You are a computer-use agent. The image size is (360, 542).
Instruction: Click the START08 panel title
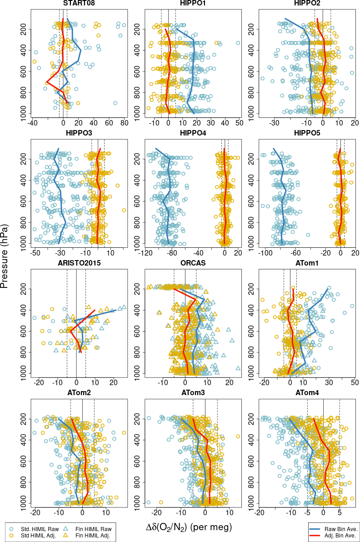click(79, 5)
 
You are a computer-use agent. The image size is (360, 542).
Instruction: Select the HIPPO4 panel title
click(193, 133)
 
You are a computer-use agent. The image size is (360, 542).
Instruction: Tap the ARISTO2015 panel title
click(79, 263)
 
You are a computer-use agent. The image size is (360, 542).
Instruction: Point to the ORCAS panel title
click(193, 263)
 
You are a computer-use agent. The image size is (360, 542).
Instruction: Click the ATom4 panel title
click(307, 392)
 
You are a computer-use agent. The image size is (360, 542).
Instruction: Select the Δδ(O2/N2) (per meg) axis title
click(189, 527)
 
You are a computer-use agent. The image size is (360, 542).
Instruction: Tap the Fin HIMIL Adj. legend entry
click(91, 537)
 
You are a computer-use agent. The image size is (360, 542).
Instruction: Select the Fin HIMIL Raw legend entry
click(91, 529)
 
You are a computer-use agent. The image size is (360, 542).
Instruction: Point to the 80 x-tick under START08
click(124, 122)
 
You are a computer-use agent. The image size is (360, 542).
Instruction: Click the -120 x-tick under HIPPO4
click(146, 252)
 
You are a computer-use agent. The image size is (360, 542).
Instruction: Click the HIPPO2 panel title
click(307, 5)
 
